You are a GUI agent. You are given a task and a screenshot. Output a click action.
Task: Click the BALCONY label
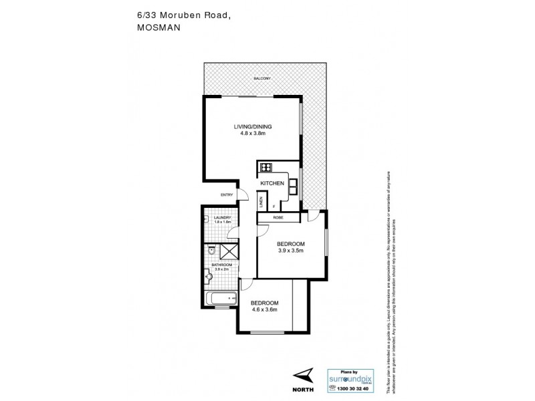coord(262,80)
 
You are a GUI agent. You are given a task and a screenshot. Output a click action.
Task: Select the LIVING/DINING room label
coord(253,126)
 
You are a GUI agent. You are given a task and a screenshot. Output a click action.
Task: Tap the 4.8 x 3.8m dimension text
coord(253,133)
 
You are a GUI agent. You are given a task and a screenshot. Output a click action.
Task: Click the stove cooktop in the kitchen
coord(265,168)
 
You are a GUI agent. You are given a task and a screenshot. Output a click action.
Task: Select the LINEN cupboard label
coord(261,200)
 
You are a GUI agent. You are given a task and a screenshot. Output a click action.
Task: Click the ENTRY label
coord(226,195)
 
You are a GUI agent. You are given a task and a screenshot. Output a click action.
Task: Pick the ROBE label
coord(279,217)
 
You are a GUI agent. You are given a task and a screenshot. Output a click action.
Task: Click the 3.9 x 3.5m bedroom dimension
coord(291,251)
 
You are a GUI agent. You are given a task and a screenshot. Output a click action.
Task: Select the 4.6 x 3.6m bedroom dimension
coord(265,310)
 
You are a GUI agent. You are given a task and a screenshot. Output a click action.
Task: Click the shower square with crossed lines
coord(230,251)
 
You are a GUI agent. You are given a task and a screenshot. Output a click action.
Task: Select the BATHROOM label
coord(221,265)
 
